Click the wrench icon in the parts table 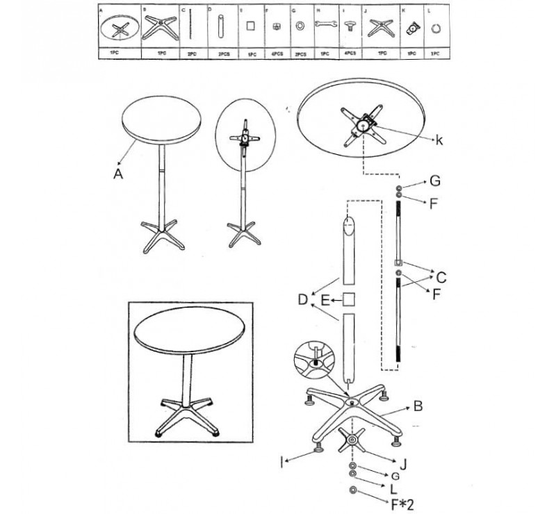coord(325,27)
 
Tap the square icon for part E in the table coord(252,27)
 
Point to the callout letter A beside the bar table coord(118,175)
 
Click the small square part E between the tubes coord(350,299)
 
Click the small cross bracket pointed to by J coord(352,440)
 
